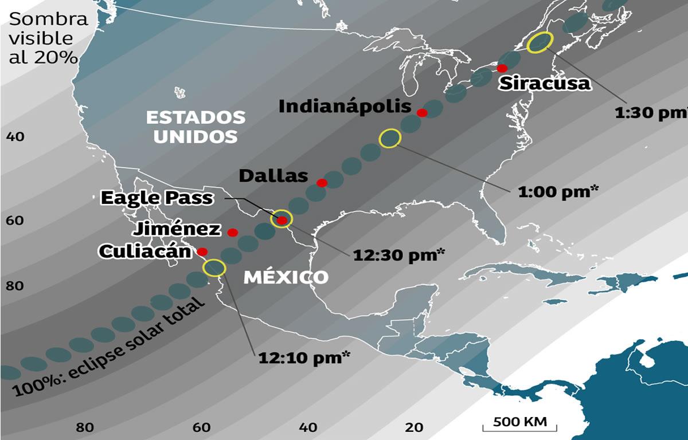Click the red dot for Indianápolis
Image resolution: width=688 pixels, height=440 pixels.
[422, 113]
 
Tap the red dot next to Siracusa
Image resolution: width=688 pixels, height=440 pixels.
[503, 68]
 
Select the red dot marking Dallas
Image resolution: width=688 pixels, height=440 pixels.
[322, 183]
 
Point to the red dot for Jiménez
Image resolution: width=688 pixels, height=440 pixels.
[232, 232]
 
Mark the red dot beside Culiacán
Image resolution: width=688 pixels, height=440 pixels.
[202, 251]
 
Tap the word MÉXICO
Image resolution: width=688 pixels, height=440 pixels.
[286, 277]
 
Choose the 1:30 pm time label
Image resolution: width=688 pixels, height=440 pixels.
[650, 113]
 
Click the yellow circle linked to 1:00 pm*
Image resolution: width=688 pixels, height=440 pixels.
[390, 138]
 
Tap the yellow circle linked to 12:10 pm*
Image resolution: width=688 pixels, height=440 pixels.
[214, 268]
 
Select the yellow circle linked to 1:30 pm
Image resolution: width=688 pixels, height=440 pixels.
[540, 42]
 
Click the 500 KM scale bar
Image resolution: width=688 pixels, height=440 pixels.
[520, 424]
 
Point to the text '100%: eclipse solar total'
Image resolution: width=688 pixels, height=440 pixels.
[109, 351]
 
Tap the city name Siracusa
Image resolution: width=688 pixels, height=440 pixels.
[544, 83]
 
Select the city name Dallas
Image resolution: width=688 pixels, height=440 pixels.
[273, 176]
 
